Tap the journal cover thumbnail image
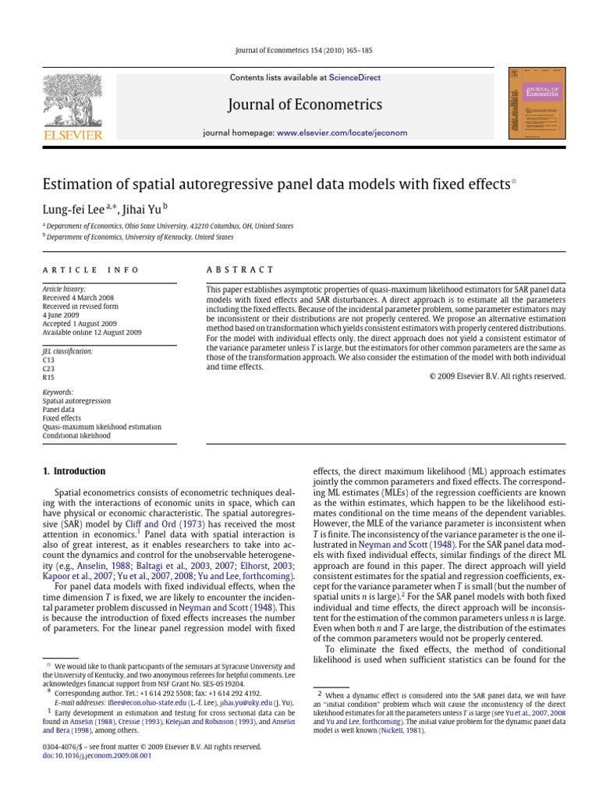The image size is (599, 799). (x=536, y=104)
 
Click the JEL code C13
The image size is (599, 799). (x=49, y=360)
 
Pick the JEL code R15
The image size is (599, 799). (x=49, y=377)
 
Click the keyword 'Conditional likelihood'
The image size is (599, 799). (x=76, y=435)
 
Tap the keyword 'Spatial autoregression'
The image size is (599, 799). (x=76, y=401)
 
